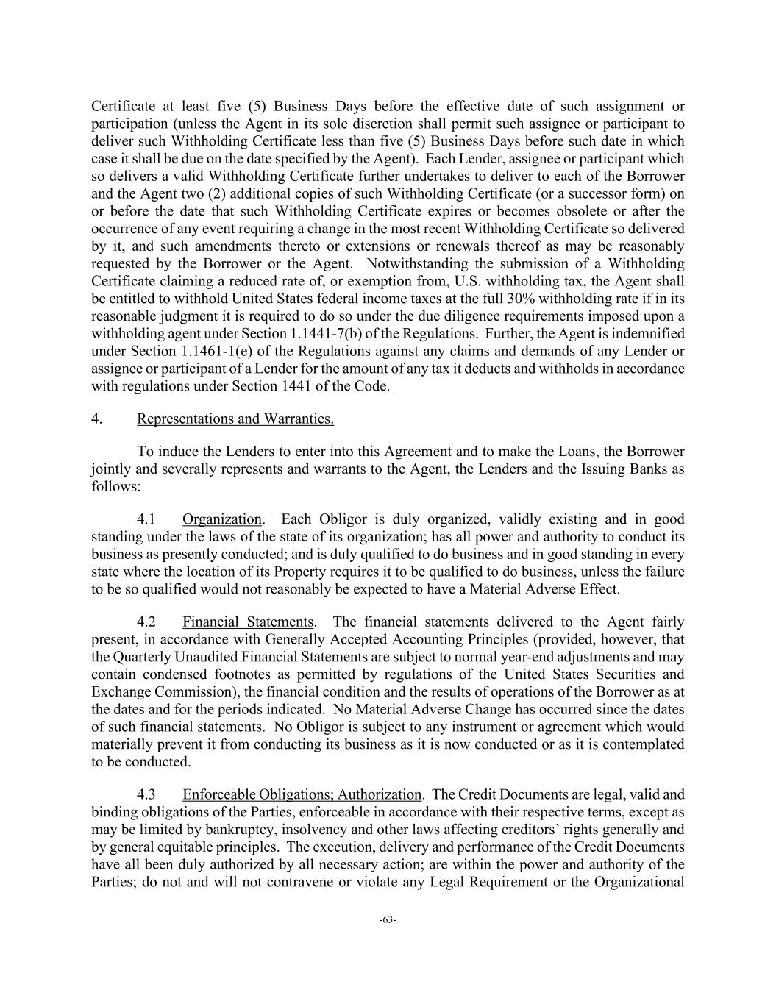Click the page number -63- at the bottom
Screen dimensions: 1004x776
coord(388,919)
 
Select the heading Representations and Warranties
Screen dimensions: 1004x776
coord(235,419)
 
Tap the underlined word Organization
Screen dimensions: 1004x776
coord(222,519)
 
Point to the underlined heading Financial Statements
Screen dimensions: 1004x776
coord(248,622)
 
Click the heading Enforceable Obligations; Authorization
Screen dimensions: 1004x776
coord(302,795)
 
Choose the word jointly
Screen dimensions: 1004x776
coord(112,469)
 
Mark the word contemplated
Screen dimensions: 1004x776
coord(640,744)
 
